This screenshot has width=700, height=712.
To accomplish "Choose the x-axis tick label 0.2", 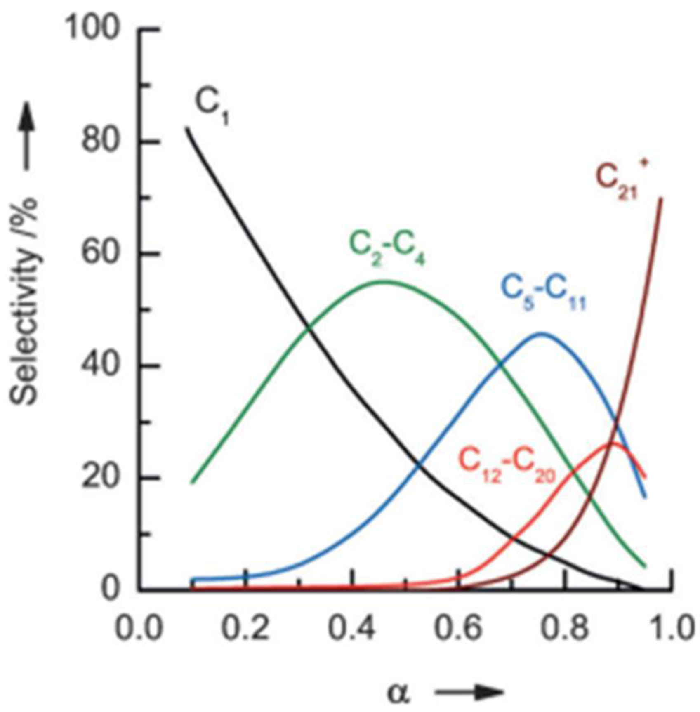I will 245,629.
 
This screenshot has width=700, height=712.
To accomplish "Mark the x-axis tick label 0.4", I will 352,629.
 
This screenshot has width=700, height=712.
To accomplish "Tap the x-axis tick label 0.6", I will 459,629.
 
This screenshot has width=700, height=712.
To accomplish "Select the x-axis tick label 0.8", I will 566,629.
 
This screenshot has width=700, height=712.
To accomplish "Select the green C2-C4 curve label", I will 387,248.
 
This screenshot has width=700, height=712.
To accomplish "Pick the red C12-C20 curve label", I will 507,464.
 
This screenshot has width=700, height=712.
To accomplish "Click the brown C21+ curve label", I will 621,179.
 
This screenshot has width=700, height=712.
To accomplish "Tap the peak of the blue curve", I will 541,333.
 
